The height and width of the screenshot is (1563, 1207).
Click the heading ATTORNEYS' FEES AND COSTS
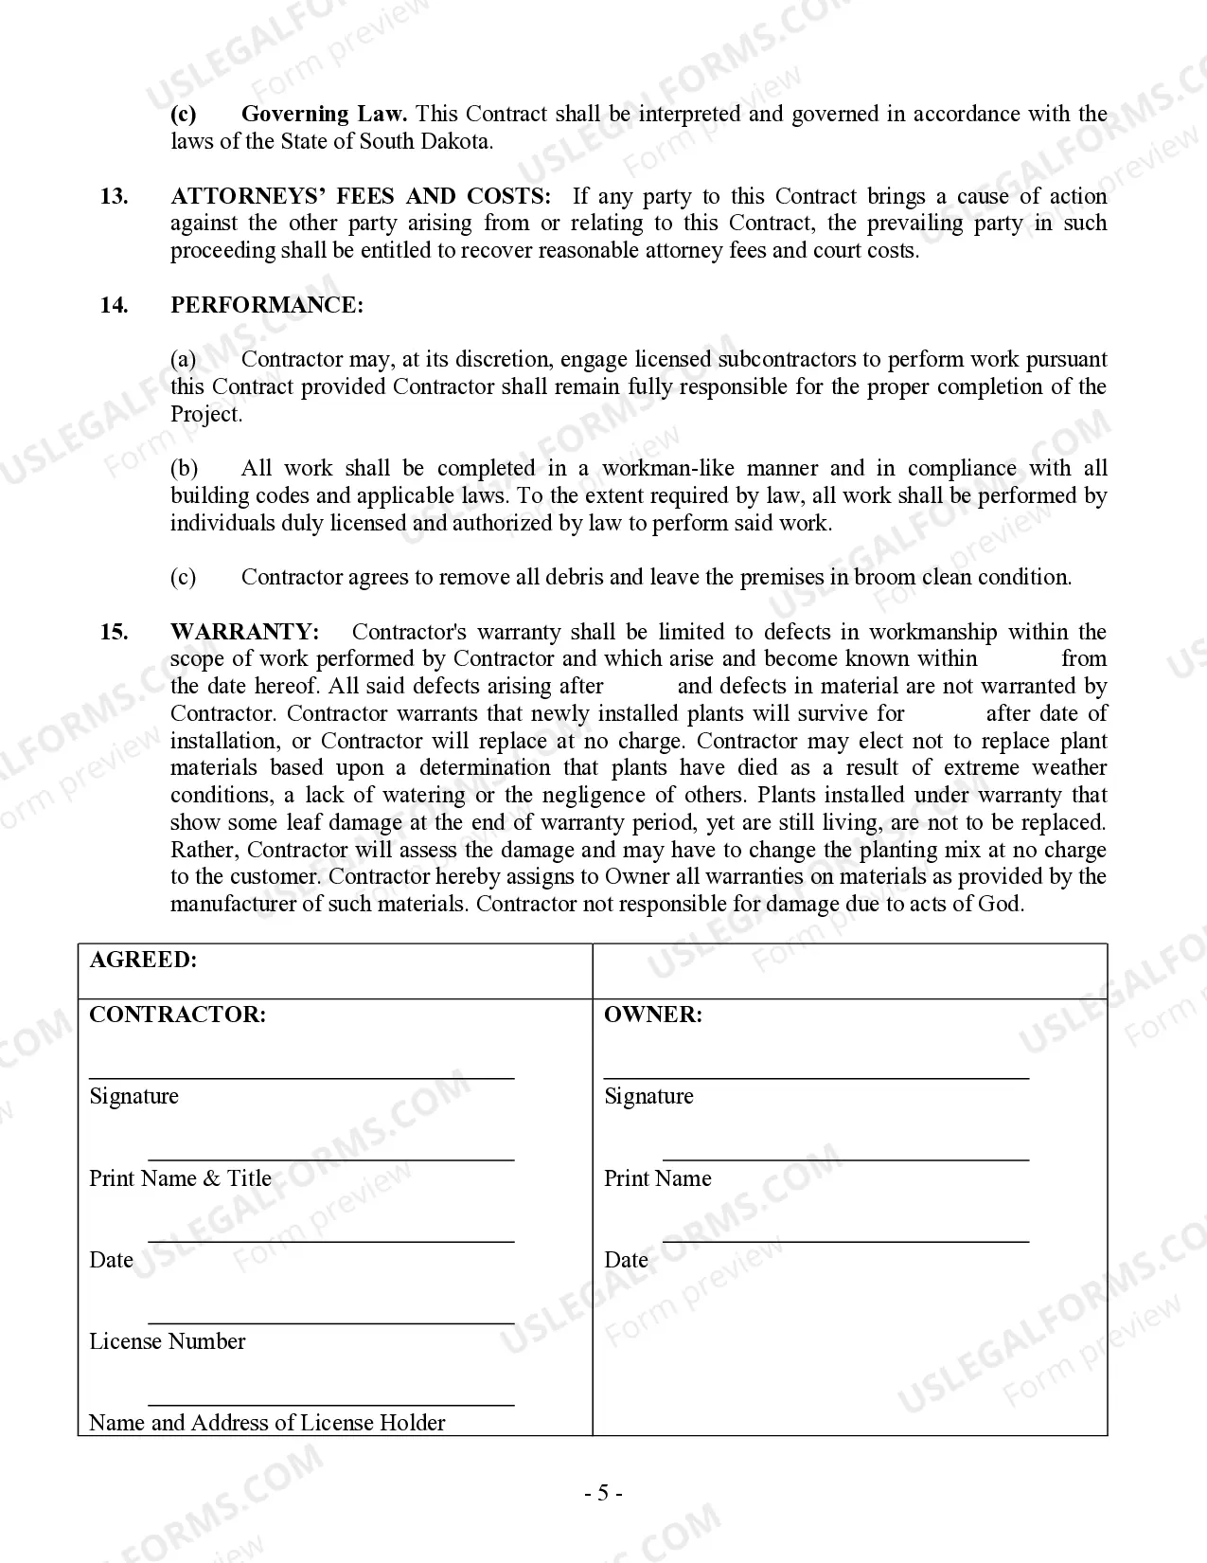[x=360, y=196]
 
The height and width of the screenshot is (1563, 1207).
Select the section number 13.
[x=114, y=196]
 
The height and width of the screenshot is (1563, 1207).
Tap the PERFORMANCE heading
[x=266, y=305]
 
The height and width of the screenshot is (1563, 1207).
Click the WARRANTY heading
[x=244, y=632]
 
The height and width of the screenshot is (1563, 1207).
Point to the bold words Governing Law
[x=324, y=115]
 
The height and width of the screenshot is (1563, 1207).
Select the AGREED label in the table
[x=143, y=960]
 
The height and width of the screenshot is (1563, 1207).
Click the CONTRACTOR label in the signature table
[x=177, y=1015]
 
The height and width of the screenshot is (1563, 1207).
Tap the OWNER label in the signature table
[x=653, y=1015]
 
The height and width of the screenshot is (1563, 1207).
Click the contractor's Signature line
[x=301, y=1077]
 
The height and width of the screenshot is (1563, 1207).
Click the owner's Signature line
[x=816, y=1077]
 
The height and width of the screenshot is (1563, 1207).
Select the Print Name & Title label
[x=180, y=1178]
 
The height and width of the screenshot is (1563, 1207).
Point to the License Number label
[x=167, y=1341]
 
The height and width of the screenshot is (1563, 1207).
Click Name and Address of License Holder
[x=266, y=1423]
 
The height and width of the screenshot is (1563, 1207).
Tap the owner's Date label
[x=626, y=1260]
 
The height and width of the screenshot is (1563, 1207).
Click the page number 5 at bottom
[x=603, y=1494]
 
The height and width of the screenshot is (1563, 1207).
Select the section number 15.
[x=114, y=632]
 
